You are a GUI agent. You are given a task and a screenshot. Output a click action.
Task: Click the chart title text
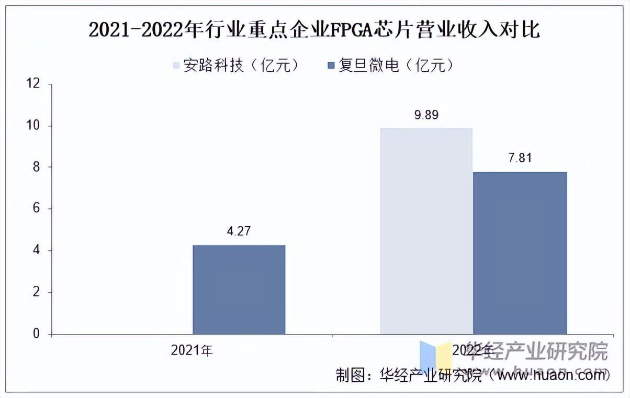(314, 31)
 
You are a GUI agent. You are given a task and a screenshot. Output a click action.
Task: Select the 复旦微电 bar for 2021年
(239, 290)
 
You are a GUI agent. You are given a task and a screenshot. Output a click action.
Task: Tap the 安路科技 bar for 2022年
(426, 231)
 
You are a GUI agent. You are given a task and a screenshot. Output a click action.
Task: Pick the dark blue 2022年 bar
(520, 253)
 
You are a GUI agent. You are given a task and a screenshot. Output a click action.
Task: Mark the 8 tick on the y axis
(36, 168)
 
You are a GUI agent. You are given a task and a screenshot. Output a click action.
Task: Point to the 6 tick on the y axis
(36, 209)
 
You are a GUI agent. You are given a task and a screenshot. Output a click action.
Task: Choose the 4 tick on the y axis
(36, 251)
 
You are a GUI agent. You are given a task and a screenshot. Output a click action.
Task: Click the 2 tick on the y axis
(36, 292)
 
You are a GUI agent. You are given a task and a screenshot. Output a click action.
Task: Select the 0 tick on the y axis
(36, 334)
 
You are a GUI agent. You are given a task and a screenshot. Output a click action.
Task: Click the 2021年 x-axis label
(192, 350)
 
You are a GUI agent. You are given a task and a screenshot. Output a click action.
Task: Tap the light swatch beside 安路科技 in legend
(176, 66)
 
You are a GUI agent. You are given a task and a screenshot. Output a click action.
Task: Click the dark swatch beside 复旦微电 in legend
(331, 66)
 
